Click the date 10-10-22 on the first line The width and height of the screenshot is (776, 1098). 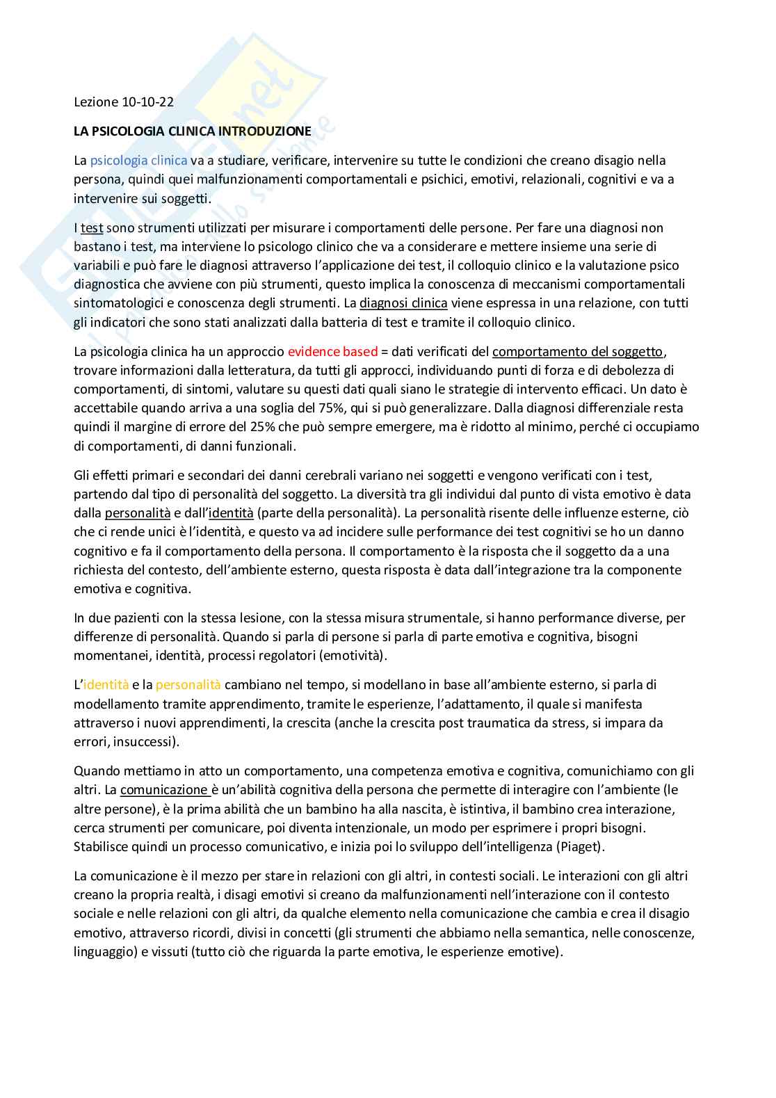tap(147, 102)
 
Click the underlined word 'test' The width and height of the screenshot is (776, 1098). tap(92, 227)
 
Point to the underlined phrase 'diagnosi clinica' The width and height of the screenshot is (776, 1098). tap(403, 303)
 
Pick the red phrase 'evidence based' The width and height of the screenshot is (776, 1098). tap(332, 351)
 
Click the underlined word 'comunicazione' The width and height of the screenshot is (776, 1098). tap(164, 790)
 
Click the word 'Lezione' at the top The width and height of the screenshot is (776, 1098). tap(96, 102)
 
